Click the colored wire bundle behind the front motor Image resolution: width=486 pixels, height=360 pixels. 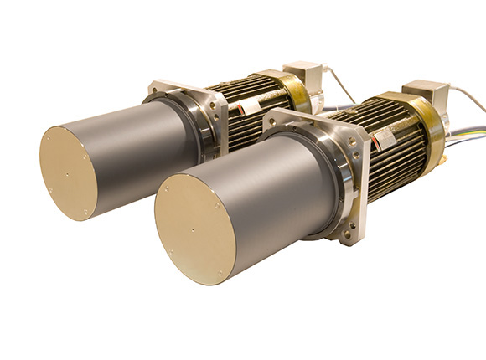(x=465, y=142)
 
